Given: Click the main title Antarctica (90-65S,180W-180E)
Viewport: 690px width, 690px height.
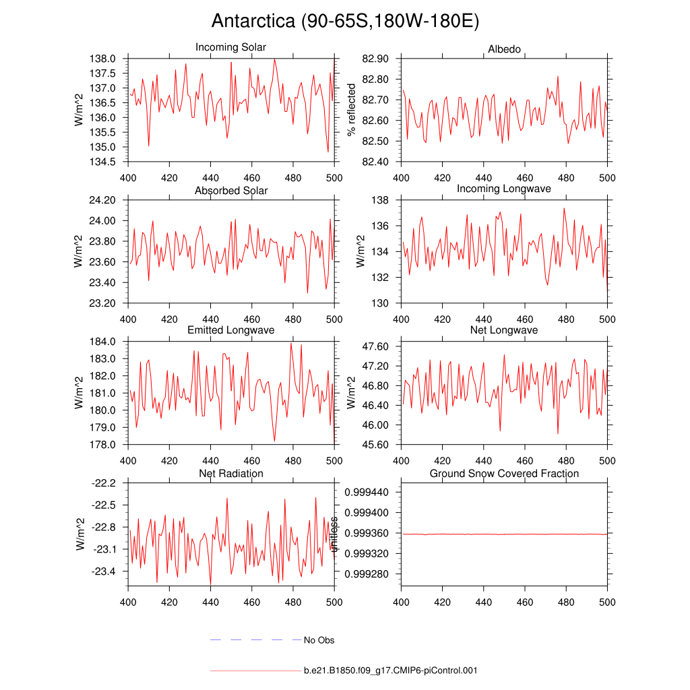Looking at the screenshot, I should pyautogui.click(x=345, y=21).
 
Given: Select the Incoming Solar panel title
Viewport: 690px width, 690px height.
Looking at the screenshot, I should pyautogui.click(x=230, y=48).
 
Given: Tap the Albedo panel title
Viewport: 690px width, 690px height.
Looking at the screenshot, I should pyautogui.click(x=504, y=50).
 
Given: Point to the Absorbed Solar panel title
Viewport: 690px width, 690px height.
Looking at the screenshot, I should pyautogui.click(x=231, y=191).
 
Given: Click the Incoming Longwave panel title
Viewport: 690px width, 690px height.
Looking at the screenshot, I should pyautogui.click(x=504, y=189).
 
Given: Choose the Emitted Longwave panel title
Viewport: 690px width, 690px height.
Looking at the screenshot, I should pyautogui.click(x=231, y=330).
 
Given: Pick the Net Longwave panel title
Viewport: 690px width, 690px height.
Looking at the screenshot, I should pyautogui.click(x=504, y=330).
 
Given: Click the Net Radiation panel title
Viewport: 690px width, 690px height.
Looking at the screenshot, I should pyautogui.click(x=231, y=474).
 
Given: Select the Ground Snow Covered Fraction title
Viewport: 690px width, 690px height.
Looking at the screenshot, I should pyautogui.click(x=504, y=474).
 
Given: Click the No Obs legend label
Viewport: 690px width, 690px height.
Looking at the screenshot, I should pyautogui.click(x=319, y=640).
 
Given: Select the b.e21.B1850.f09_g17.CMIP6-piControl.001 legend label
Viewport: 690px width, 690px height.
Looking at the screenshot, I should pyautogui.click(x=391, y=670).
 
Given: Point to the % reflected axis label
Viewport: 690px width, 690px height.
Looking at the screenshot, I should pyautogui.click(x=351, y=110).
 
